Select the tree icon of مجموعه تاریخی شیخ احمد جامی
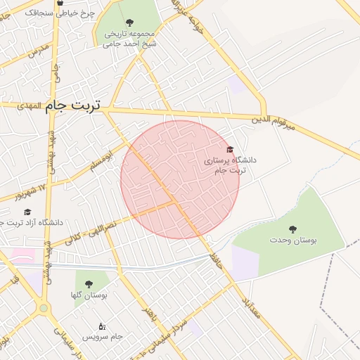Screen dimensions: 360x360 coord(131,23)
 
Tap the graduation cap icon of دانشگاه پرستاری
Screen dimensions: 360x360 coord(229,149)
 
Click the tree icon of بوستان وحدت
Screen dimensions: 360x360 coord(292,229)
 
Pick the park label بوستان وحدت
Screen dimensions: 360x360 coord(292,240)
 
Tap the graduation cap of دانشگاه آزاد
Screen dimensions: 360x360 coord(27,212)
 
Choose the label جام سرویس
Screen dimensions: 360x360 coord(102,337)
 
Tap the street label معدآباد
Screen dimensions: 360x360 coord(251,307)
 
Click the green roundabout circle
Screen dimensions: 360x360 coord(44,308)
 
